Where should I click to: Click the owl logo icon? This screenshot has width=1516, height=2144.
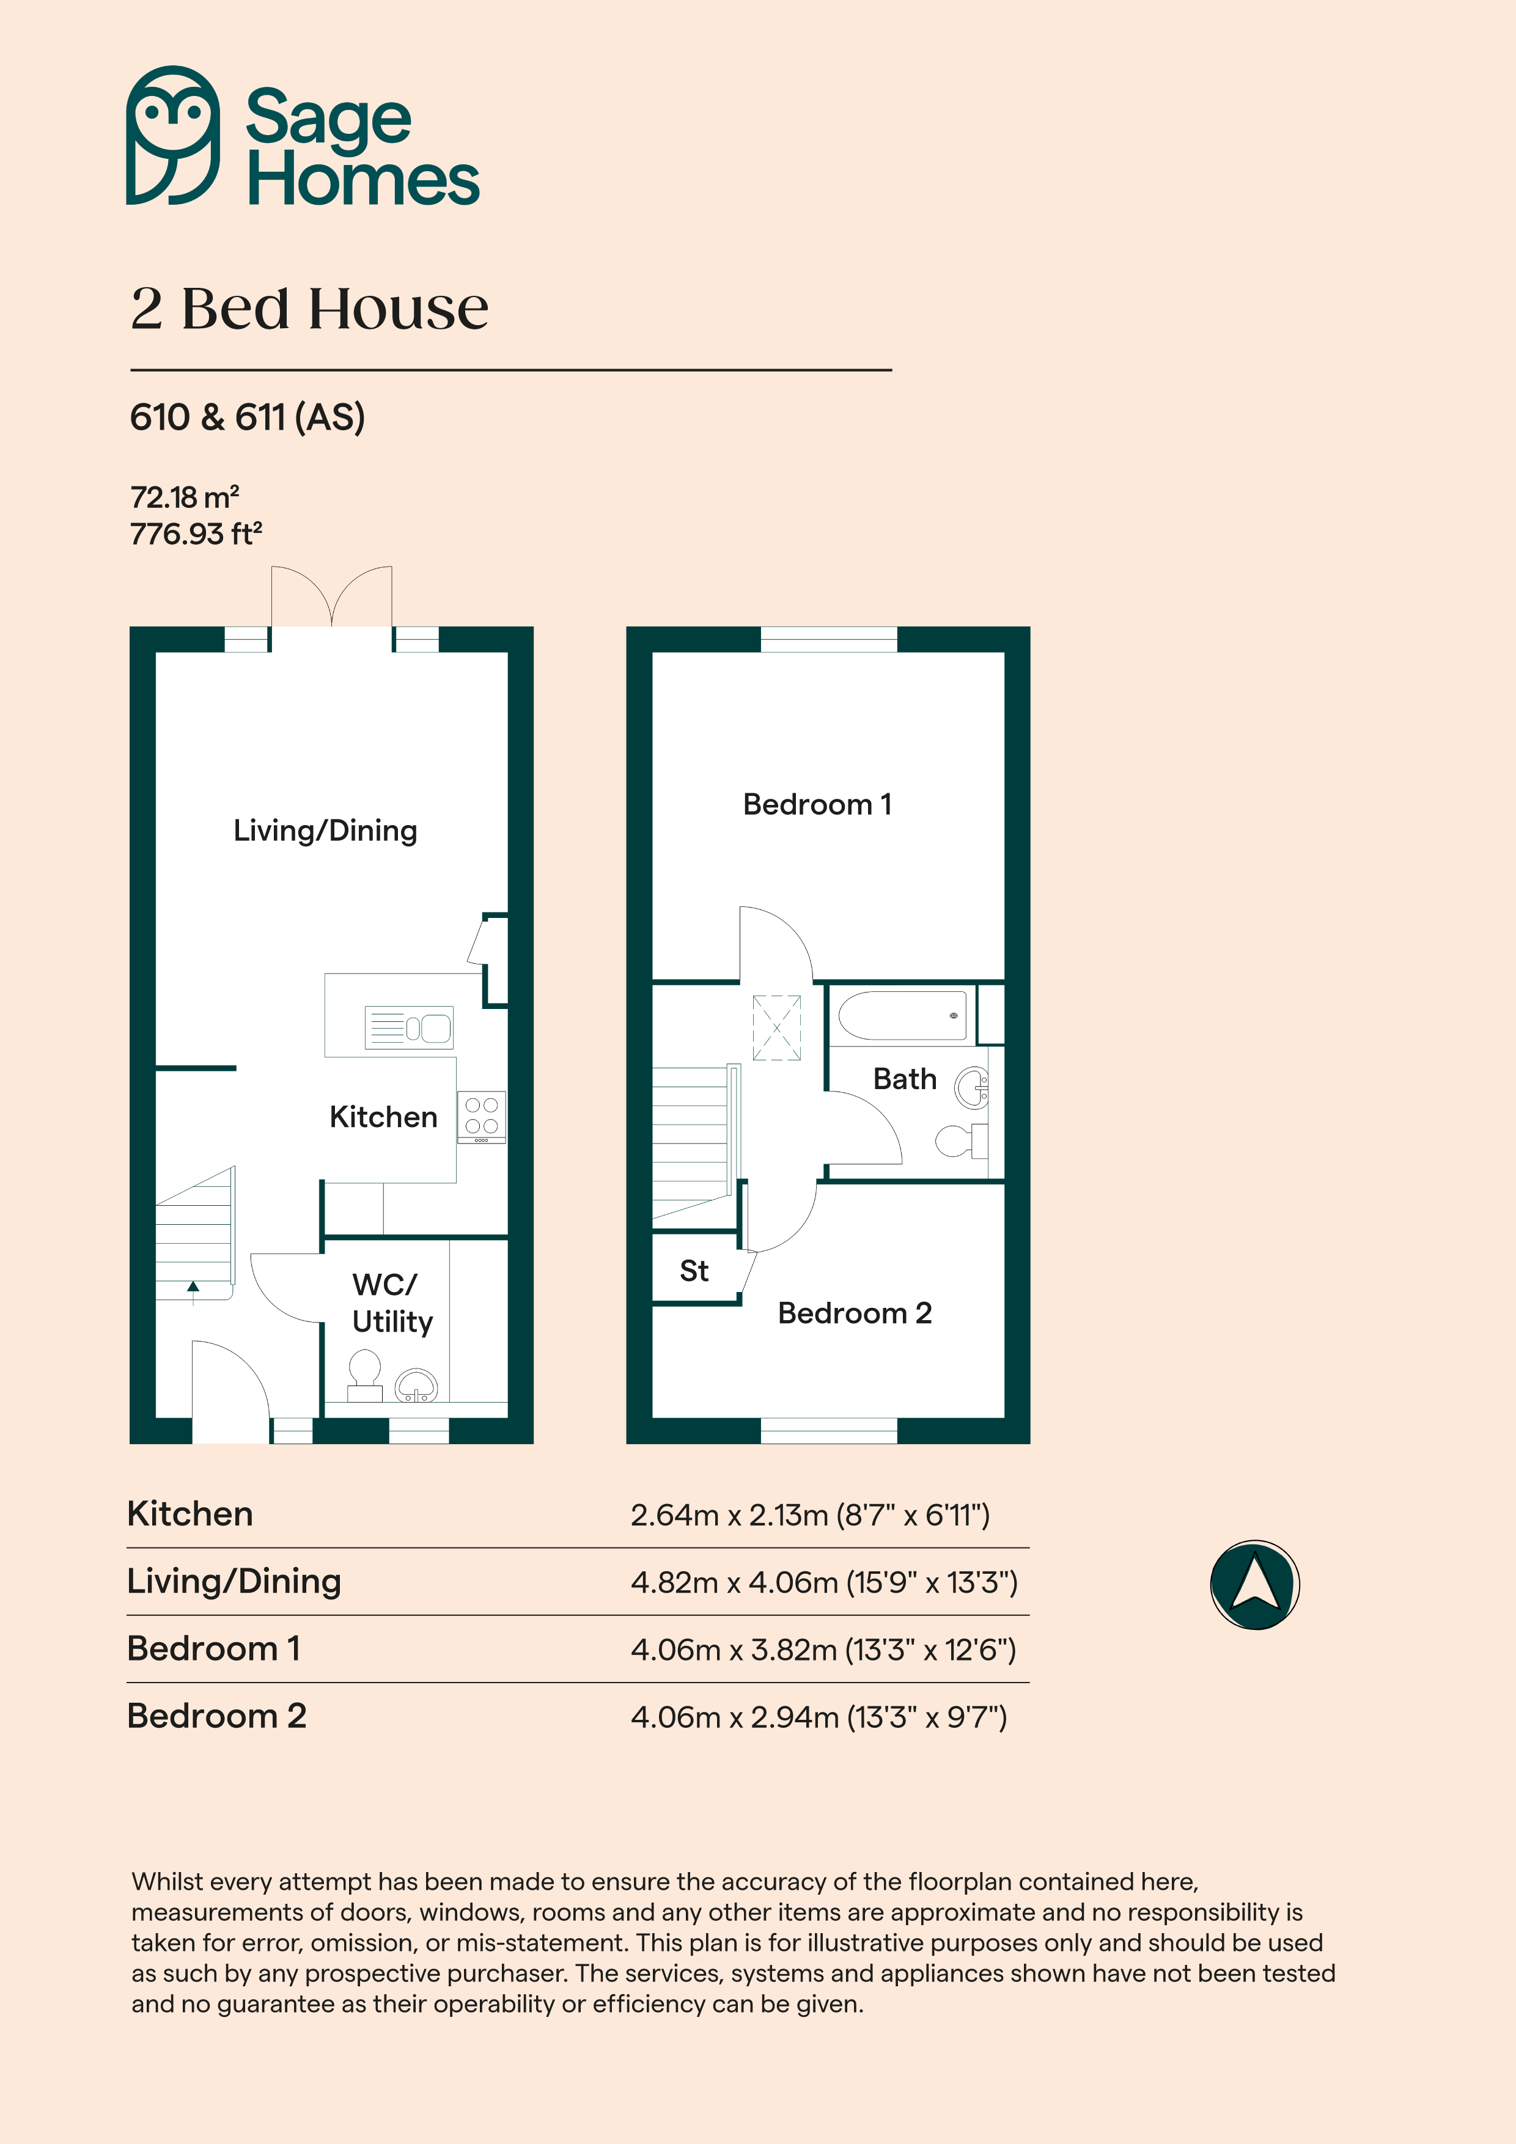tap(174, 136)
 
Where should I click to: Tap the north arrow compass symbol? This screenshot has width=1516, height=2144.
tap(1254, 1585)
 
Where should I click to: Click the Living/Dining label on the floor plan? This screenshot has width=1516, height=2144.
tap(325, 830)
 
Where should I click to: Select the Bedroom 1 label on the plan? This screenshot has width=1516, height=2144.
tap(817, 804)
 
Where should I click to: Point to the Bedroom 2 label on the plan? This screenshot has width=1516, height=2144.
tap(855, 1313)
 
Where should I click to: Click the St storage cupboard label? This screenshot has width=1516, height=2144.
tap(694, 1271)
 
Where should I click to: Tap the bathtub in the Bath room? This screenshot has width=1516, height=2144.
tap(902, 1015)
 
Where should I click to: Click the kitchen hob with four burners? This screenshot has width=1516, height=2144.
tap(481, 1117)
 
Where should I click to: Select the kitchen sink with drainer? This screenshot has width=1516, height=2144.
tap(409, 1028)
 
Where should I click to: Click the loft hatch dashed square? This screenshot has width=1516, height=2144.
tap(777, 1028)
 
